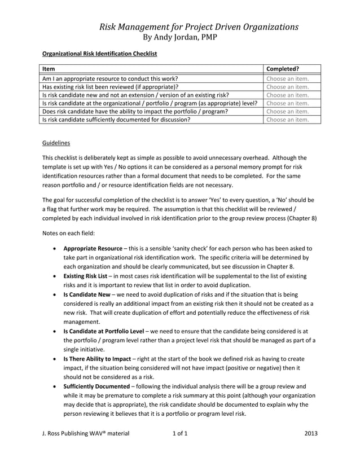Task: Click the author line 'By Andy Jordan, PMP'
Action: [x=180, y=37]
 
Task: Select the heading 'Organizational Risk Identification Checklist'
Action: [x=100, y=54]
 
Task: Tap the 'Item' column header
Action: [x=49, y=69]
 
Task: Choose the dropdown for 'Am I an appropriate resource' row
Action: [x=288, y=79]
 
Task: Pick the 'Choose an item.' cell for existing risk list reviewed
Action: [x=288, y=87]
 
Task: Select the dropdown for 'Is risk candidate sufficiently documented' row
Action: [x=288, y=120]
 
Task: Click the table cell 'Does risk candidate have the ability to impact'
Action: [x=135, y=112]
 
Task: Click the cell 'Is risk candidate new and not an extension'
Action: [x=135, y=95]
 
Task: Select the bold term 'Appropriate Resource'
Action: [x=93, y=248]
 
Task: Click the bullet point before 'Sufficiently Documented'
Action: [x=54, y=386]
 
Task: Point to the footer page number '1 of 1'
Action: [x=179, y=434]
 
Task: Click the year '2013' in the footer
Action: [x=310, y=434]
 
